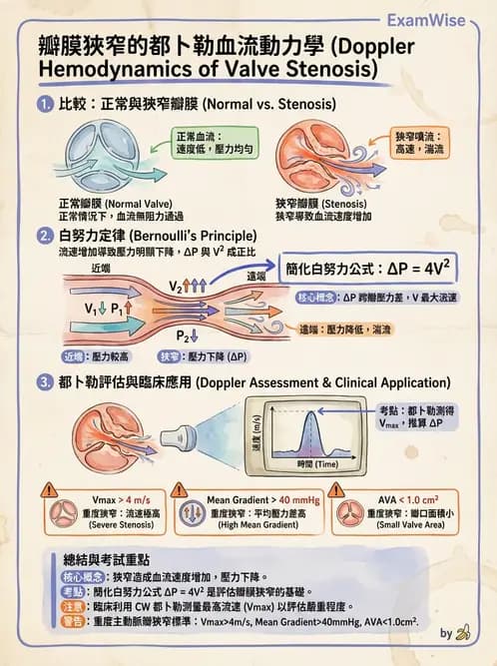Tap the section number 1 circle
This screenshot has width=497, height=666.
[44, 105]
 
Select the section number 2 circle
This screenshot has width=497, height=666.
[44, 237]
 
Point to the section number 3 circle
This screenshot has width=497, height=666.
[44, 381]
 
